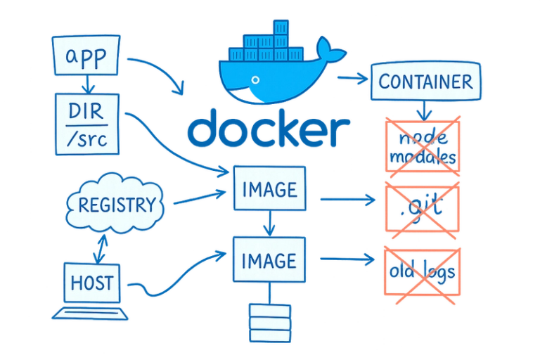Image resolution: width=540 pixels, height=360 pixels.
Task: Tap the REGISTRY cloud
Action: pyautogui.click(x=117, y=205)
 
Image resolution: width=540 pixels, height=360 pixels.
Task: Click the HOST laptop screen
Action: pyautogui.click(x=91, y=283)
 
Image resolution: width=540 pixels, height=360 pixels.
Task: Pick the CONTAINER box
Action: pyautogui.click(x=425, y=82)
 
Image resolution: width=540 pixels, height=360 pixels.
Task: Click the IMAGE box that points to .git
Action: pyautogui.click(x=269, y=188)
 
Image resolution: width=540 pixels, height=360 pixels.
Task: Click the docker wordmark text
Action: pyautogui.click(x=269, y=131)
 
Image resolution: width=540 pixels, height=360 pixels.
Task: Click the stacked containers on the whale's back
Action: pyautogui.click(x=264, y=43)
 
